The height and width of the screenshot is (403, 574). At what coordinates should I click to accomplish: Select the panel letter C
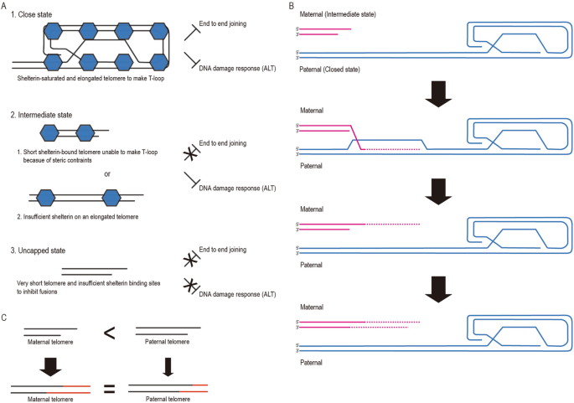4,318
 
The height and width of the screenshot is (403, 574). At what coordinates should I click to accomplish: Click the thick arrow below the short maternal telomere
51,365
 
